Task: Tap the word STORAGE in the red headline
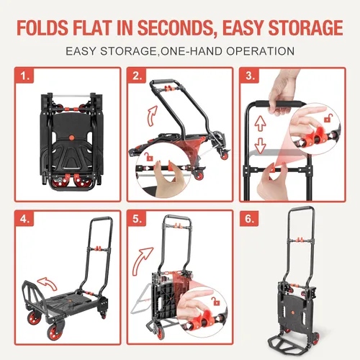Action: pos(305,27)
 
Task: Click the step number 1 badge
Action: pos(24,76)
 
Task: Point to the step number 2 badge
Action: pos(137,76)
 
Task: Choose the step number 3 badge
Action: pos(250,76)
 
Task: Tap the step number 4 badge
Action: pos(24,219)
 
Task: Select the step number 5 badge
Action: pos(137,219)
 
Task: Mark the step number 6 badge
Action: pos(249,219)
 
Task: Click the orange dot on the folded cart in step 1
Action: pos(71,138)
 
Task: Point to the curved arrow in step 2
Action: pos(152,116)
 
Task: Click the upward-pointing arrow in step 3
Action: pos(260,123)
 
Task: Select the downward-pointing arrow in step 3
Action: pos(260,146)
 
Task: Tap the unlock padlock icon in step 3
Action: pos(328,118)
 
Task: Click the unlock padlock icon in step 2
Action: pos(149,157)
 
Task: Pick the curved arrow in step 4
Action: pos(48,284)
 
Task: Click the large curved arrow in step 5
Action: pos(142,261)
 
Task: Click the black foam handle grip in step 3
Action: pos(280,104)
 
